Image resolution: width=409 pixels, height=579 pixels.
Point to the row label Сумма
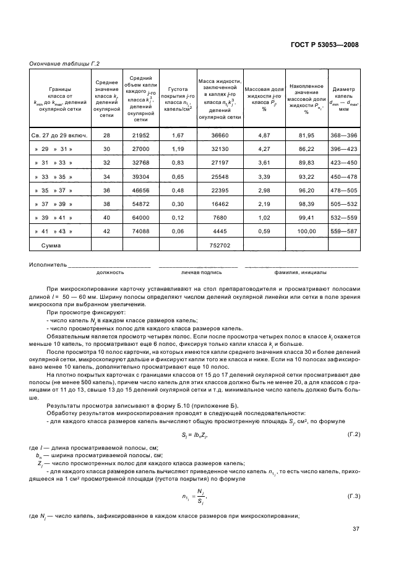tap(51, 246)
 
